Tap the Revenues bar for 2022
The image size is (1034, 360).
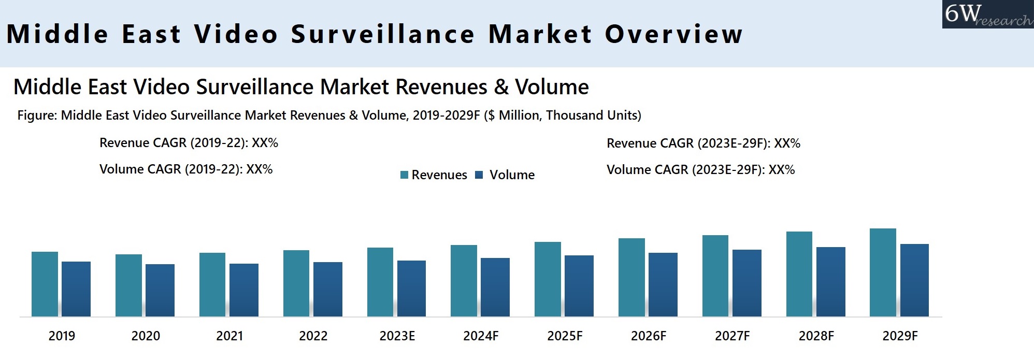[296, 283]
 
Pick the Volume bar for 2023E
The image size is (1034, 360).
[411, 289]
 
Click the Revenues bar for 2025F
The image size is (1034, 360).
[548, 279]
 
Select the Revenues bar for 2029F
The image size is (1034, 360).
[883, 272]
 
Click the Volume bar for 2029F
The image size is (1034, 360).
[914, 280]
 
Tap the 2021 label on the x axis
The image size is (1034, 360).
[229, 336]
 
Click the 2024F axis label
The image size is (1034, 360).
[481, 336]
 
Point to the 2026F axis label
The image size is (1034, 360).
[649, 336]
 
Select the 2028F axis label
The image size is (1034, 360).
[816, 336]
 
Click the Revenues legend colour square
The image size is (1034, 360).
[405, 175]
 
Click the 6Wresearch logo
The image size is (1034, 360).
[987, 14]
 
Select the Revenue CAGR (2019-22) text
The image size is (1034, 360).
[189, 143]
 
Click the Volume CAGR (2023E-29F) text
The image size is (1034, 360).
[700, 170]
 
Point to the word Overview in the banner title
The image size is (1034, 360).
[673, 34]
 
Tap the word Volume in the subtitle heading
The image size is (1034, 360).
[552, 87]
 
